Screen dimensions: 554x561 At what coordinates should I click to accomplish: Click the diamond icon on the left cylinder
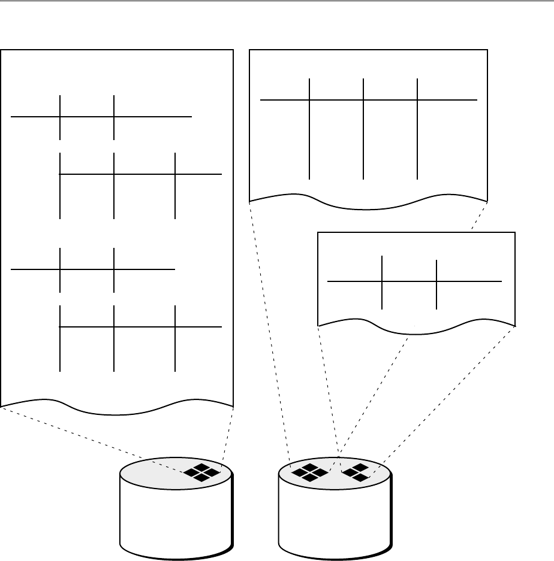[202, 472]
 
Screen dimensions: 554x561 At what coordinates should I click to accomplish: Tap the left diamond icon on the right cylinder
[309, 472]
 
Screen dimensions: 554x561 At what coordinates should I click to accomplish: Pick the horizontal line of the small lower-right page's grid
[468, 281]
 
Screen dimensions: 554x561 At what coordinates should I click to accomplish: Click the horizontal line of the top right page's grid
[450, 100]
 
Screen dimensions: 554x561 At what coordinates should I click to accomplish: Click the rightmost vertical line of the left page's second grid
[175, 198]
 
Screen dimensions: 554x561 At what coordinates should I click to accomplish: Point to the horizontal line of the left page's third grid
[144, 270]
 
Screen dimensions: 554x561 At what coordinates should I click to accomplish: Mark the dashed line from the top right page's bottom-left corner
[269, 329]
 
